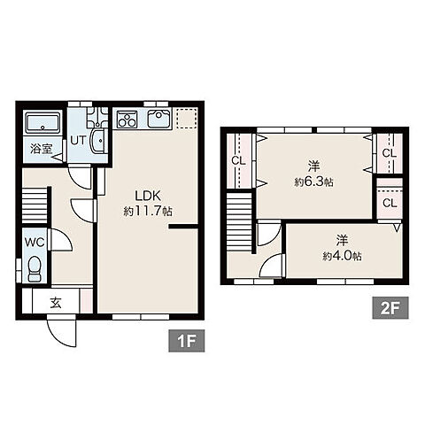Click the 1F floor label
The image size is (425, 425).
[187, 341]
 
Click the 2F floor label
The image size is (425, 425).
[390, 308]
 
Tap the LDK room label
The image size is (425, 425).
[148, 196]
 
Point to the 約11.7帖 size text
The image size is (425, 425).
[148, 211]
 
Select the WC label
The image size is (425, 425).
[35, 242]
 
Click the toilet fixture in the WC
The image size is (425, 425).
[35, 269]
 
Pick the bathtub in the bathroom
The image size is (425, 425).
[42, 122]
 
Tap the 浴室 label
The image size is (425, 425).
[42, 149]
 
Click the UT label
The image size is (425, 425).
[78, 141]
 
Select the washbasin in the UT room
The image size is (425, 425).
[98, 141]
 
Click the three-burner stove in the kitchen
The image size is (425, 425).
[127, 119]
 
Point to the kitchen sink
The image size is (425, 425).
[159, 119]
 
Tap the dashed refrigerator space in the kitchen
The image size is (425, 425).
[186, 118]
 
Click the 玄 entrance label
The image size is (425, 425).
[56, 303]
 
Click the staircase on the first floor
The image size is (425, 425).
[35, 205]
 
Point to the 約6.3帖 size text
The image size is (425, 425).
[313, 182]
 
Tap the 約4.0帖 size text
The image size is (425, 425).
[343, 256]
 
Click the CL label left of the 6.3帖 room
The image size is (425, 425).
[238, 161]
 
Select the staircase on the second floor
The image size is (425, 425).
[239, 221]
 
